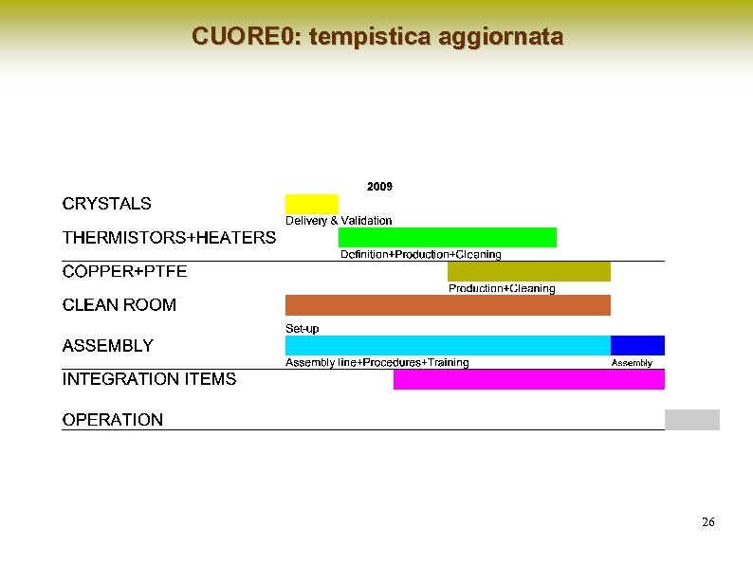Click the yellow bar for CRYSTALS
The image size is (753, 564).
[311, 203]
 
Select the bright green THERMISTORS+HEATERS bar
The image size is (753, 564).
[447, 237]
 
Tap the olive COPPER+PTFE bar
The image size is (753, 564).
[528, 271]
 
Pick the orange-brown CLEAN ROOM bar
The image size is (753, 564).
[448, 304]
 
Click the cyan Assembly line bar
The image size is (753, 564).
[448, 345]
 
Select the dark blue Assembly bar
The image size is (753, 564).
[637, 345]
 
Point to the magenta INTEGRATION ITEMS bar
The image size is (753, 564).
[528, 379]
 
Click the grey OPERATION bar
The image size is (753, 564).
[691, 419]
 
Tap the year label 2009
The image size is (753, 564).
[379, 187]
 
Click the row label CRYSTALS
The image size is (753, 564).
[106, 203]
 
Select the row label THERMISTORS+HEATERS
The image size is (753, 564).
[169, 237]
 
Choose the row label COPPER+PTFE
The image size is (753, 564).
[124, 271]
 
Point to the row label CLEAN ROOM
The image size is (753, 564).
[119, 304]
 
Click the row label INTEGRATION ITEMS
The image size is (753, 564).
[149, 379]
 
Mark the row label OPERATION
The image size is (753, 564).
[112, 419]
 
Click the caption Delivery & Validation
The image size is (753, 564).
[339, 220]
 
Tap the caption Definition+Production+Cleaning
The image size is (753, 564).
[420, 254]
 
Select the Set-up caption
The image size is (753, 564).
[302, 328]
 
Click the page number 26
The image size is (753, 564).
[707, 522]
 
